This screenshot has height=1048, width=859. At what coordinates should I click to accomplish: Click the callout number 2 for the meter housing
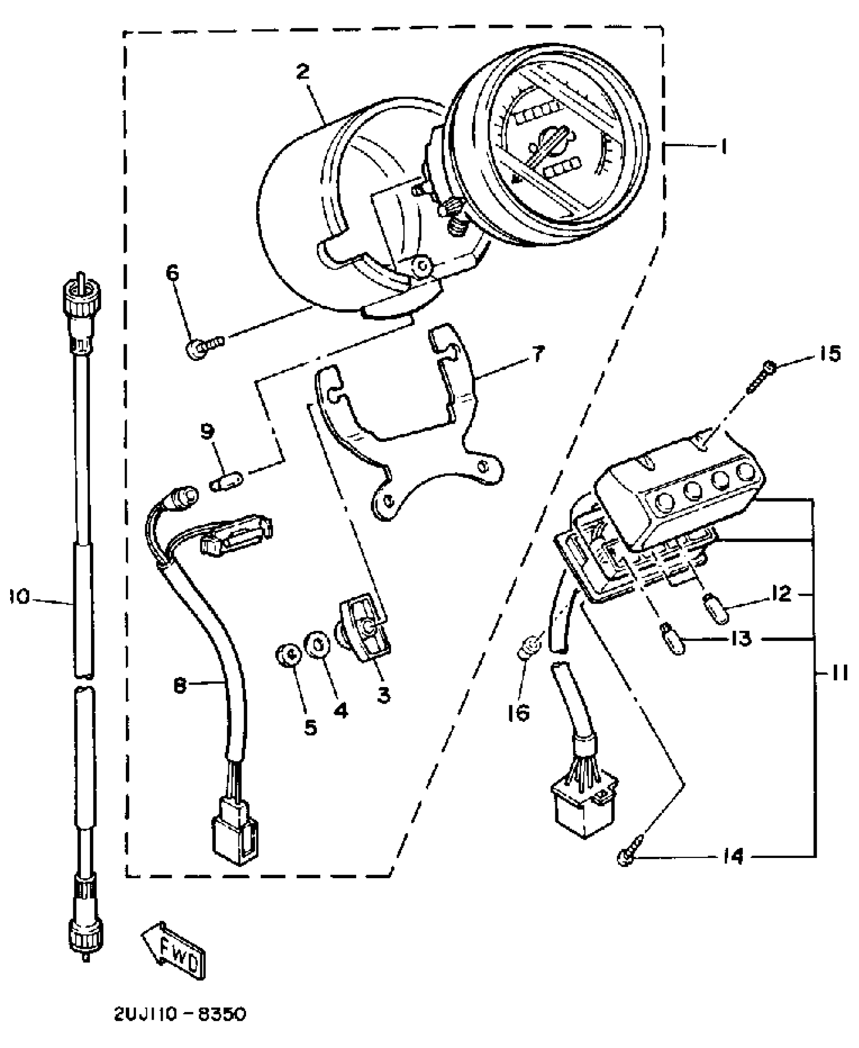click(303, 72)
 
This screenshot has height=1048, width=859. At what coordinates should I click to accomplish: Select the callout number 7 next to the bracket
click(538, 354)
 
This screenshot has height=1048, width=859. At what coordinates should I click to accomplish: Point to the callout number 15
click(829, 353)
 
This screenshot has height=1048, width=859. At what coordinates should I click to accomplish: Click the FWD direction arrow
click(175, 951)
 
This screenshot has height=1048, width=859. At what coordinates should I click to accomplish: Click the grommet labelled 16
click(529, 647)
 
